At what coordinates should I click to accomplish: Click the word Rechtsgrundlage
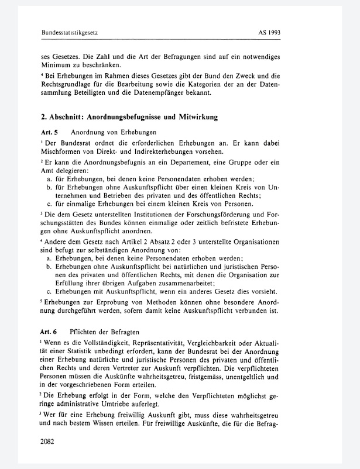pyautogui.click(x=64, y=84)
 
